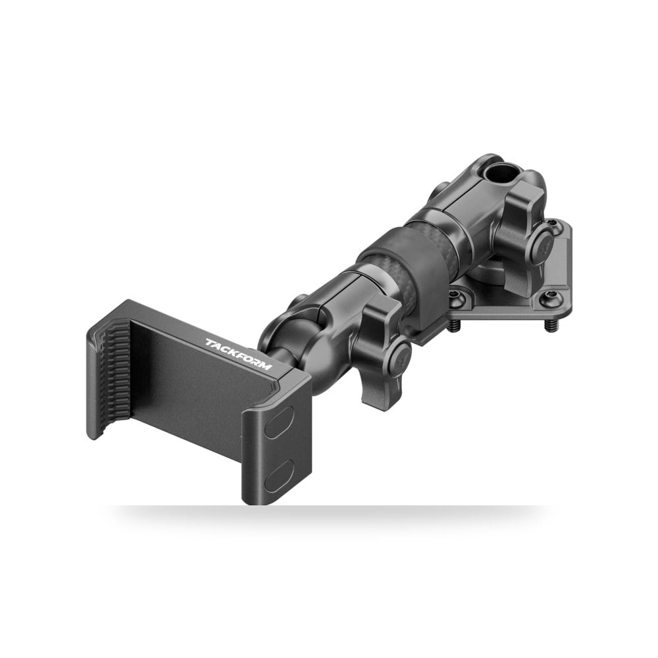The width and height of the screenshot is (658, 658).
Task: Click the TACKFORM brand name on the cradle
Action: pos(238,355)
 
